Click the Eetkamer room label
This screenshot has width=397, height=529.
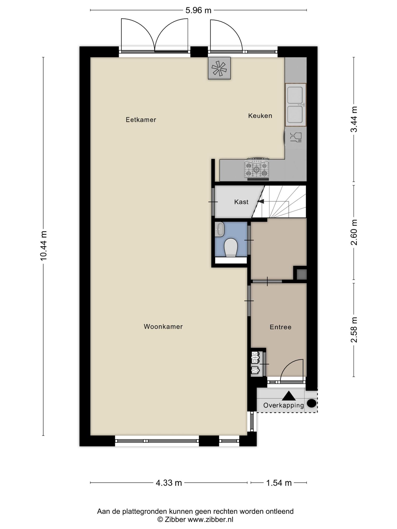141,120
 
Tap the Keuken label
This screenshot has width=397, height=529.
260,116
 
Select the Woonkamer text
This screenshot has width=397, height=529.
163,326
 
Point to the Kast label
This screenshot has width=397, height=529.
241,202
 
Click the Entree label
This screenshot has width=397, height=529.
280,327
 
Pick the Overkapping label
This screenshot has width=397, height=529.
284,405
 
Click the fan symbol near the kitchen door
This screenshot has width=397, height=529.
219,68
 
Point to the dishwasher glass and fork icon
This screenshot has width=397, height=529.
296,137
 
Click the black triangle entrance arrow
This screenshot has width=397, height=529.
289,396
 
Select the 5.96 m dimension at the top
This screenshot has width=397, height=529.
198,10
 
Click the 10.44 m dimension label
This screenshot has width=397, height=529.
43,245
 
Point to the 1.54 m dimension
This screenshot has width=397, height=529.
279,483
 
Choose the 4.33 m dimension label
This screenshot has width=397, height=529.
169,483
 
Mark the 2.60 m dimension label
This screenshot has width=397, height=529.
354,232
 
